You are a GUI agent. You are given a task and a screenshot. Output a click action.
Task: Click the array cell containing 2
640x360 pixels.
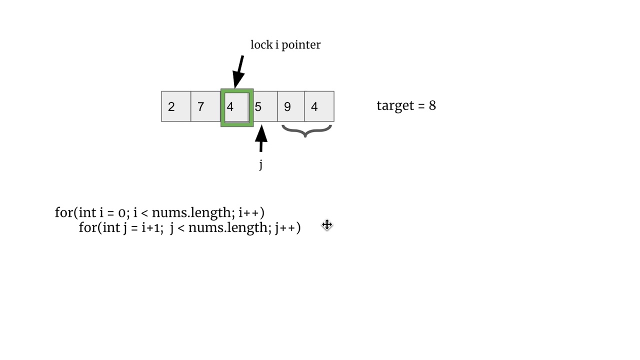(x=176, y=106)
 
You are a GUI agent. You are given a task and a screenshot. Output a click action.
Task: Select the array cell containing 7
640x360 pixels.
(x=205, y=106)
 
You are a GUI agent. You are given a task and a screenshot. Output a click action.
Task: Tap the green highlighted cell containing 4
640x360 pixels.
(x=236, y=107)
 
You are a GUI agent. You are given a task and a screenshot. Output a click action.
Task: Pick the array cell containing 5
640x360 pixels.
(x=265, y=106)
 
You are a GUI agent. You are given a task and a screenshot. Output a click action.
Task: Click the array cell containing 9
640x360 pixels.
(x=291, y=106)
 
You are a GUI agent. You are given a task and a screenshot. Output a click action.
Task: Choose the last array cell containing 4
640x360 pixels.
(x=319, y=106)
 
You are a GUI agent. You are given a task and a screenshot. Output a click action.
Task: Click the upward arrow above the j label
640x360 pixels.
(x=261, y=138)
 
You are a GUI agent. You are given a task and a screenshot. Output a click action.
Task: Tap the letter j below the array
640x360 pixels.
(x=260, y=164)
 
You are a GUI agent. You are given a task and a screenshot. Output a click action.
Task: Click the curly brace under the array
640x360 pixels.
(x=306, y=131)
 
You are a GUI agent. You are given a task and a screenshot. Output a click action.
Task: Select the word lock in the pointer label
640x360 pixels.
(x=261, y=45)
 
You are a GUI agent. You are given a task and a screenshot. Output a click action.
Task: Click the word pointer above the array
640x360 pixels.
(x=301, y=45)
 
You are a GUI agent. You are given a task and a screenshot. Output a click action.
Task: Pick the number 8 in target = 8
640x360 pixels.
(x=432, y=105)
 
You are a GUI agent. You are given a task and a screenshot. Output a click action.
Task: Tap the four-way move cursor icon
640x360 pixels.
(x=327, y=225)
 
